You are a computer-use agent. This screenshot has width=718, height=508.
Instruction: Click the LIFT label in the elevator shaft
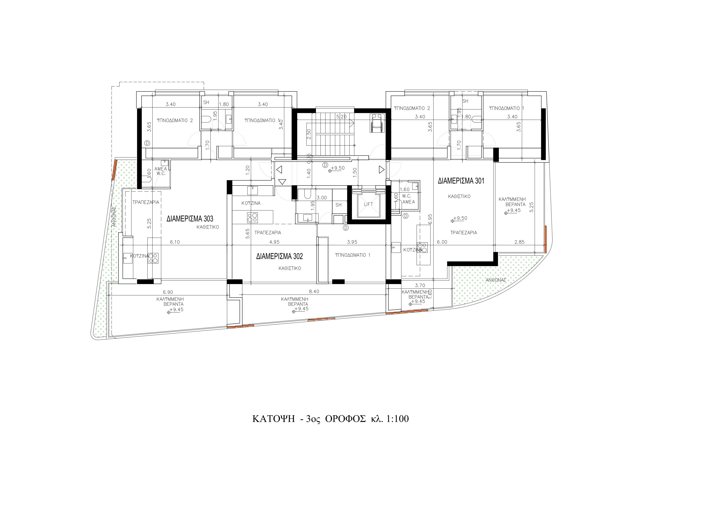point(368,204)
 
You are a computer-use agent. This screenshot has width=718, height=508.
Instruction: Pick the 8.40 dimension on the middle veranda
point(314,291)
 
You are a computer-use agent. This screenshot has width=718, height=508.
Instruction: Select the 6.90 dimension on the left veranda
point(168,292)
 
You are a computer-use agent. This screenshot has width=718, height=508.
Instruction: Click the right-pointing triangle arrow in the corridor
point(381,170)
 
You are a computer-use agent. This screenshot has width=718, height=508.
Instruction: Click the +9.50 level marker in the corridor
point(337,168)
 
